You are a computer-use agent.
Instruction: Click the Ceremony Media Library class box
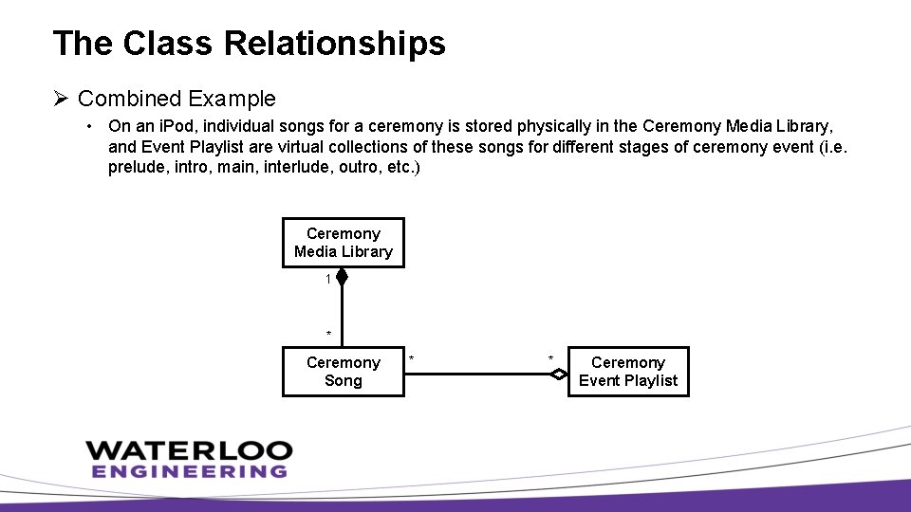point(343,243)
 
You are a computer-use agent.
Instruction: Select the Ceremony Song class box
point(343,372)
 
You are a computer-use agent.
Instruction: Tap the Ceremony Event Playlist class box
point(628,372)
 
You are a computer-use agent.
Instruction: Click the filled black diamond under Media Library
point(343,278)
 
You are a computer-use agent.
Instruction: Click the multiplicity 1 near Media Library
point(328,280)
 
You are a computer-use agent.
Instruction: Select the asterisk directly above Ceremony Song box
point(328,335)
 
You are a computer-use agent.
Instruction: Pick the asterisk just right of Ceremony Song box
point(412,358)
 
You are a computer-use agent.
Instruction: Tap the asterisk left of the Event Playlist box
point(550,358)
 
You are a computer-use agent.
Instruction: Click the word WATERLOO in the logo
point(189,450)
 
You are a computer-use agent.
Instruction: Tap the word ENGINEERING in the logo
point(189,471)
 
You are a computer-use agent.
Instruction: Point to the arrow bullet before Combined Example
point(62,99)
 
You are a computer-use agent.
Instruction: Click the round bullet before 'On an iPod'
point(87,125)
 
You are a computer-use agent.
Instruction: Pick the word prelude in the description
point(134,167)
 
